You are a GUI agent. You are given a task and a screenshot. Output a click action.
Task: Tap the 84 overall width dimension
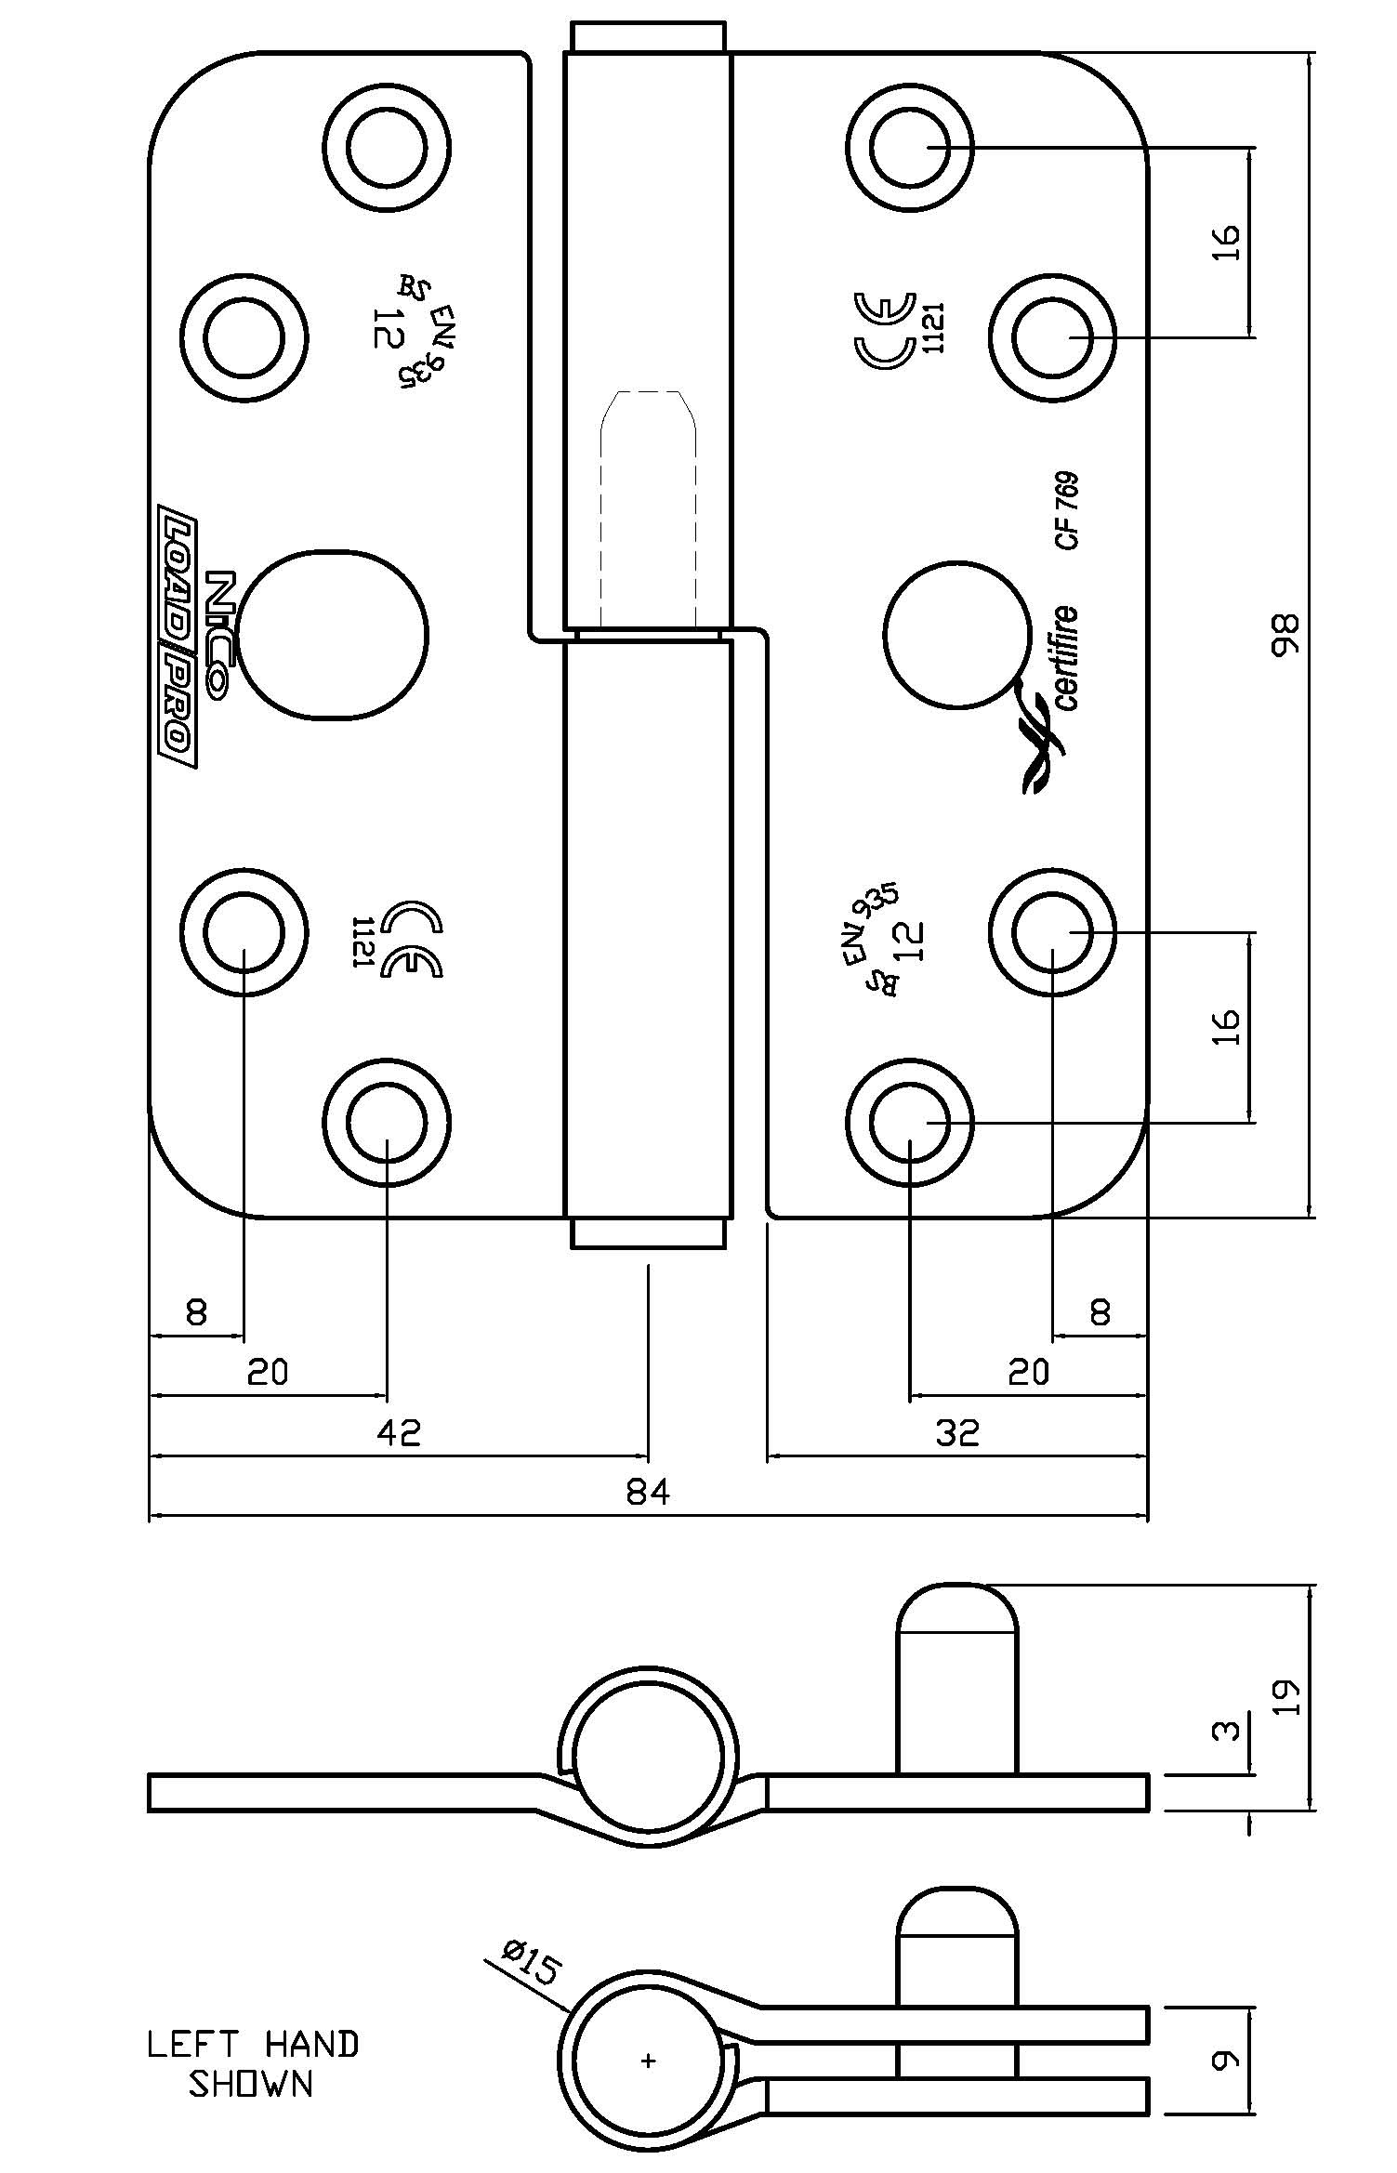648,1492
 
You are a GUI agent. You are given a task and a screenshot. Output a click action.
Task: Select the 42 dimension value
399,1432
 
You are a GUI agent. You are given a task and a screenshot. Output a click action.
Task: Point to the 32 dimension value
957,1432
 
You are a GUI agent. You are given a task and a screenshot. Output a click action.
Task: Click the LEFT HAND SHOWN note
253,2058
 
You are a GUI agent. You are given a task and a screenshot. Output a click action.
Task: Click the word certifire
1066,658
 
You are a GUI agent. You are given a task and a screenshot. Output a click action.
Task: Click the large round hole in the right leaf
958,635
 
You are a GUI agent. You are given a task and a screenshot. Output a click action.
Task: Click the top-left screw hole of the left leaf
387,147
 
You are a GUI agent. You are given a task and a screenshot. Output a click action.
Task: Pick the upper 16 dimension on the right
1226,242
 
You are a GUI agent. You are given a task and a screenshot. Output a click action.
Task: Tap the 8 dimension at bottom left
195,1312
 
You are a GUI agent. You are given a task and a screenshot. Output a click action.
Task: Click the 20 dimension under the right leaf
1028,1372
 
